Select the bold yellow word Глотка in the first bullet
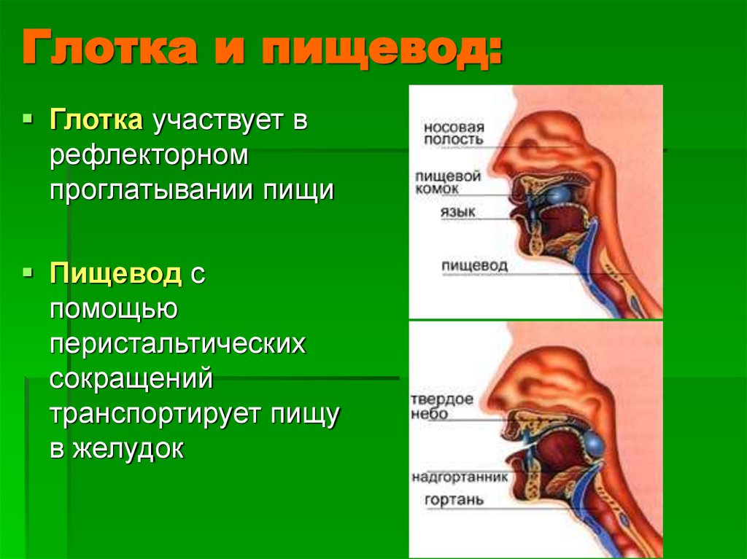pyautogui.click(x=96, y=120)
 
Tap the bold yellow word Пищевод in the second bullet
pyautogui.click(x=115, y=275)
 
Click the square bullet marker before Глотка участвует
pyautogui.click(x=28, y=116)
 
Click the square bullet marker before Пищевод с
pyautogui.click(x=28, y=271)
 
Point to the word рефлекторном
pyautogui.click(x=150, y=155)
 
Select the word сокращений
pyautogui.click(x=131, y=379)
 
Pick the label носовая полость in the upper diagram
pyautogui.click(x=453, y=132)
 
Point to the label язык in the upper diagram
pyautogui.click(x=457, y=212)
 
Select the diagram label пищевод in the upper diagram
pyautogui.click(x=474, y=265)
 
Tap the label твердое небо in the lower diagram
pyautogui.click(x=442, y=407)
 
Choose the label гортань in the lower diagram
pyautogui.click(x=452, y=500)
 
